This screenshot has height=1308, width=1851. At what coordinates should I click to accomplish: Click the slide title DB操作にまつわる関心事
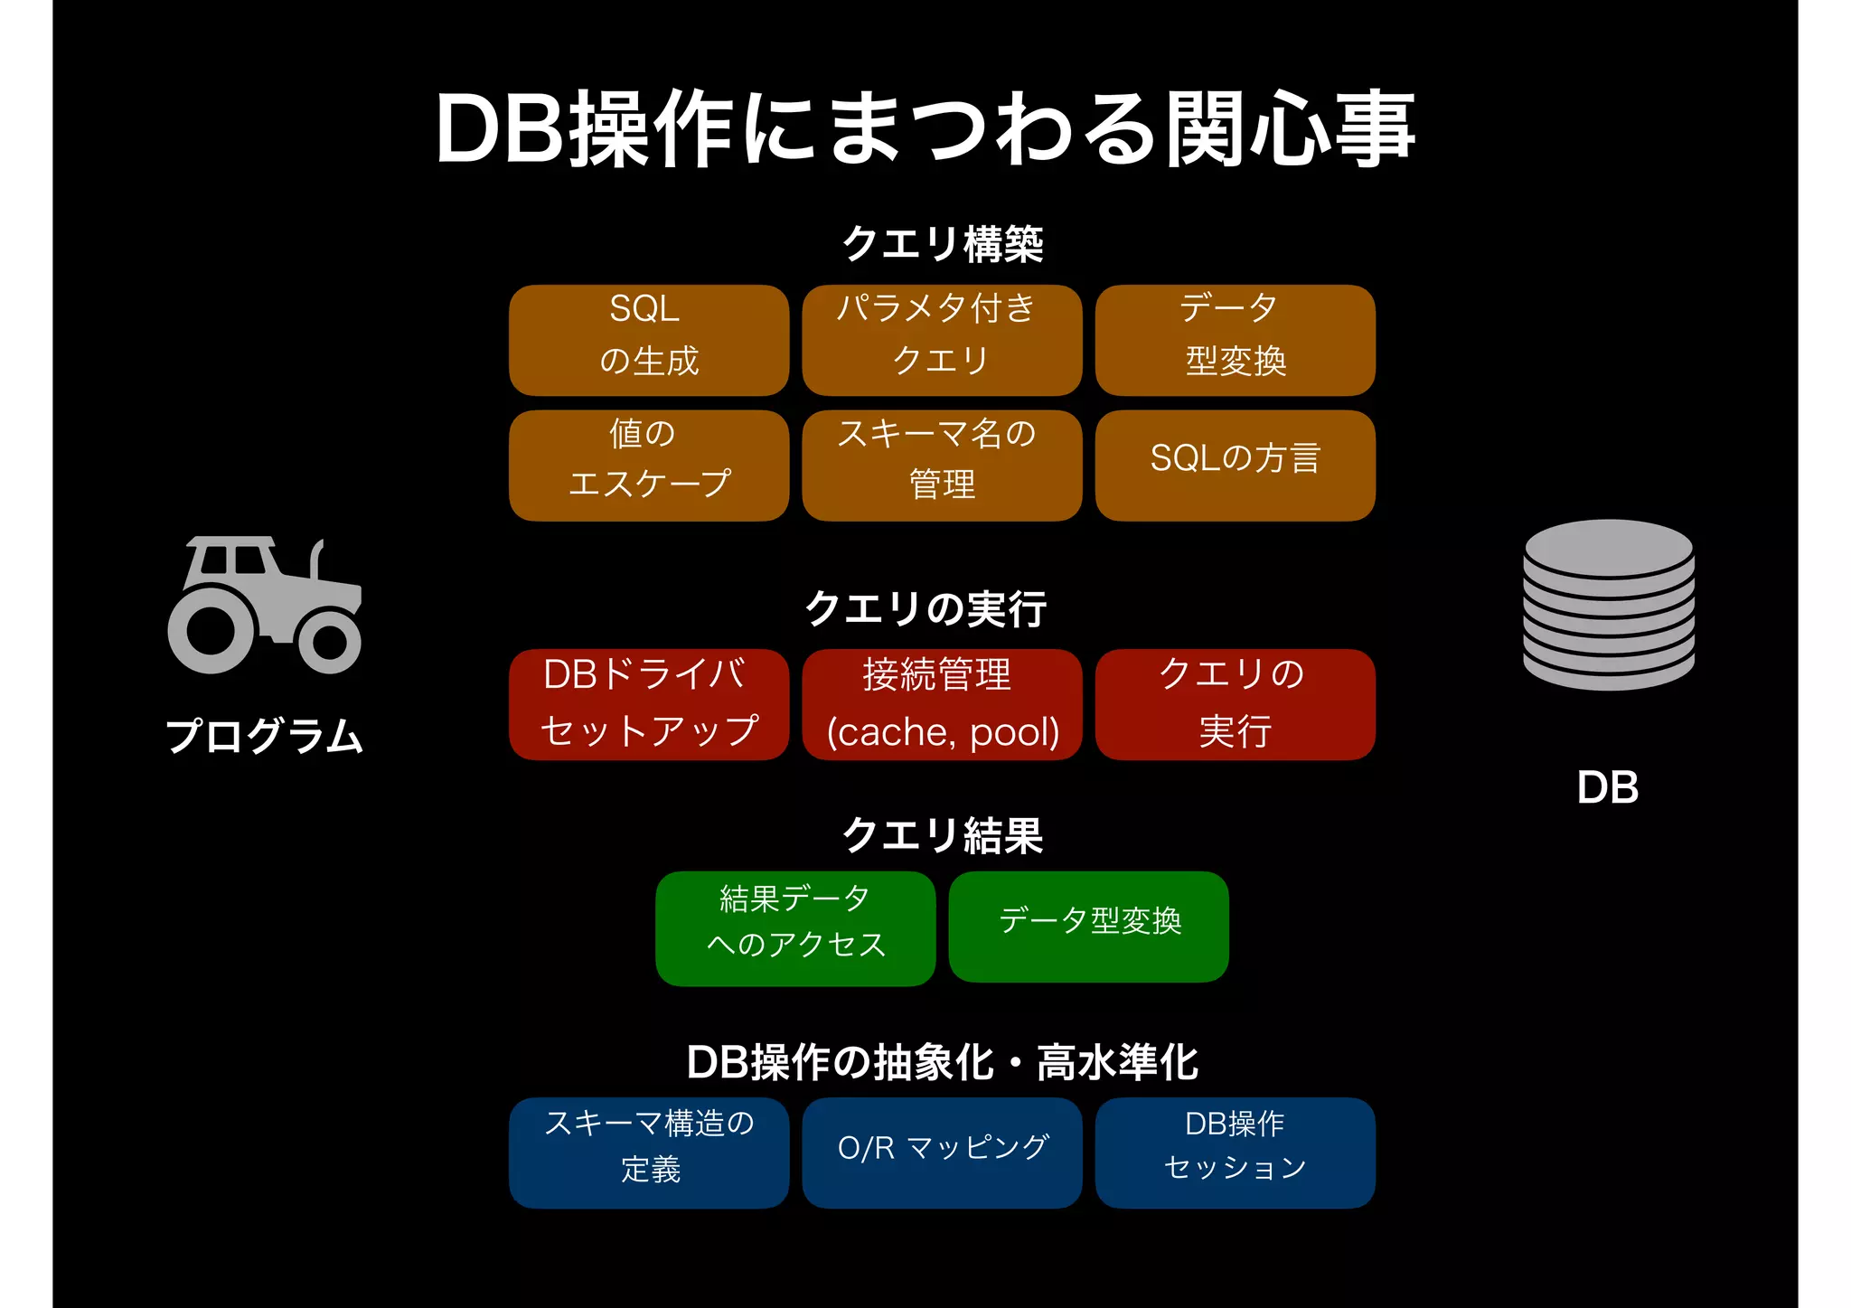[925, 128]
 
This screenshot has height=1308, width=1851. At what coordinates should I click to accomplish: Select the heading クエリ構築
[942, 244]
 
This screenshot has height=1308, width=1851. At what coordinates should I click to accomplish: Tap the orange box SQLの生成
[648, 340]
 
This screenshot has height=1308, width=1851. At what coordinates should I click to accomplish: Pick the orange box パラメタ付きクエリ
[941, 340]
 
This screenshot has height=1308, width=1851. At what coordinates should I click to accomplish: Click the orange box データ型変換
[1235, 340]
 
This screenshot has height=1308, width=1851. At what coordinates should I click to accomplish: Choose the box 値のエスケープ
[648, 465]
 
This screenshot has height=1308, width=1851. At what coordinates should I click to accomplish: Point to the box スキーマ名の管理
[941, 465]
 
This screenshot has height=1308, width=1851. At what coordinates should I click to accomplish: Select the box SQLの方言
[1235, 465]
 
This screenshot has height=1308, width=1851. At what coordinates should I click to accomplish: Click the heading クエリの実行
[925, 608]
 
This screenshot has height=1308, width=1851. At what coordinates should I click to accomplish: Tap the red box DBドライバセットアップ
[648, 704]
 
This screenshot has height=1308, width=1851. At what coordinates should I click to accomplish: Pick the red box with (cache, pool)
[941, 704]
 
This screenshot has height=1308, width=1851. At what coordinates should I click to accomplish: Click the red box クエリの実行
[1235, 704]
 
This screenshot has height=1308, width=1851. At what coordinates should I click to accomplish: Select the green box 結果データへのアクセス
[794, 927]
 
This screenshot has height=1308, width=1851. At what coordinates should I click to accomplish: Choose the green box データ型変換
[1088, 926]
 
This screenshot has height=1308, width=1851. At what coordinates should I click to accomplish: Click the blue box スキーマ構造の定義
[648, 1153]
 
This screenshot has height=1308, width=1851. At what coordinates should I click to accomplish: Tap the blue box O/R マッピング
[941, 1153]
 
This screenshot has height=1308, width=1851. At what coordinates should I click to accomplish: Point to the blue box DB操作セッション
[1235, 1153]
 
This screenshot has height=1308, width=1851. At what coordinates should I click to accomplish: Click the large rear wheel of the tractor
[211, 629]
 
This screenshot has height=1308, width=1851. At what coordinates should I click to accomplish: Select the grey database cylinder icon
[1608, 604]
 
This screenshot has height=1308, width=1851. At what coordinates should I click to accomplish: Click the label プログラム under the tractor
[264, 736]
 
